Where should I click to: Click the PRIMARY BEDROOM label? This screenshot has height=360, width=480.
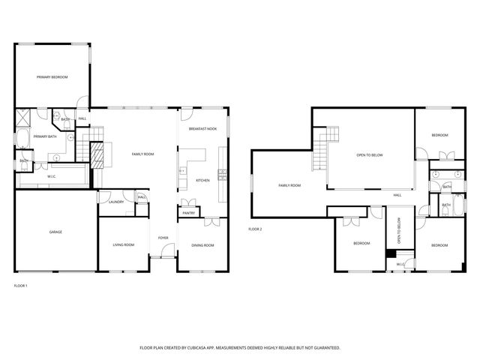(x=52, y=77)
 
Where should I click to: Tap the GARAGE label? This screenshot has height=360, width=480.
(x=55, y=232)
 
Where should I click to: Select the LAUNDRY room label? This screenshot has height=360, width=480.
(x=115, y=202)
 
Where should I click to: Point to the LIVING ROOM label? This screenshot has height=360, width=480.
(x=123, y=244)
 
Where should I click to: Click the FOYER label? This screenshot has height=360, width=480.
(x=163, y=238)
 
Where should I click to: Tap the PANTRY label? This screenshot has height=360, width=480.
(x=188, y=214)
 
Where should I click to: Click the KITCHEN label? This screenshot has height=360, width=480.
(x=202, y=181)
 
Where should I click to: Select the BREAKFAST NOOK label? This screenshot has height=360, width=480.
(x=202, y=129)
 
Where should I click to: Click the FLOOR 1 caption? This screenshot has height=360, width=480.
(x=20, y=286)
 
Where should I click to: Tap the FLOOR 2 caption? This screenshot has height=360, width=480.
(x=255, y=229)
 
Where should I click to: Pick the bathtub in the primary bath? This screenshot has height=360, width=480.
(x=21, y=140)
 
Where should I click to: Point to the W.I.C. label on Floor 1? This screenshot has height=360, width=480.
(x=52, y=177)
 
